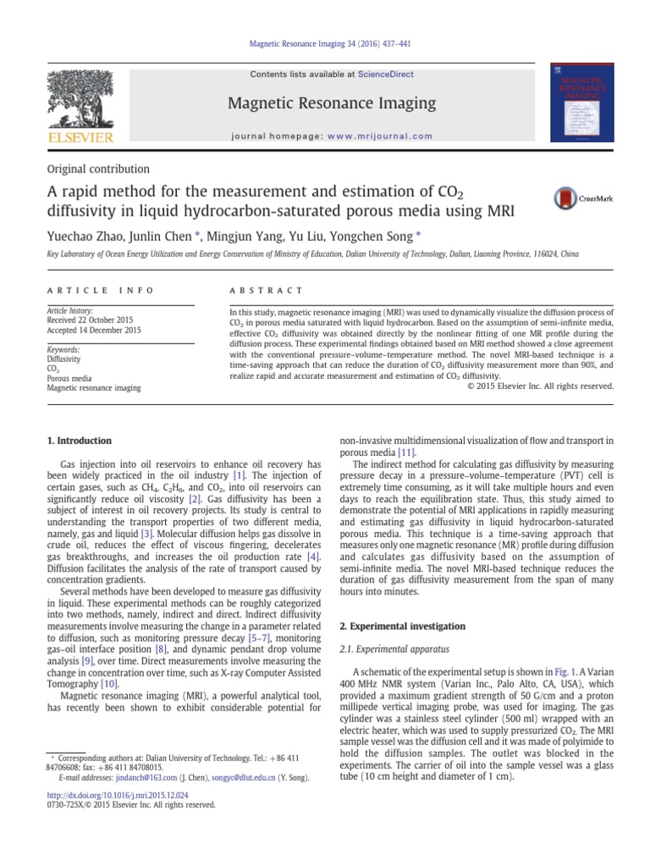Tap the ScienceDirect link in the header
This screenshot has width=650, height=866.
[386, 74]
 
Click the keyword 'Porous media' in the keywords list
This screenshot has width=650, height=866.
[69, 379]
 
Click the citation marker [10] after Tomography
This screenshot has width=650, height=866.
[109, 682]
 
